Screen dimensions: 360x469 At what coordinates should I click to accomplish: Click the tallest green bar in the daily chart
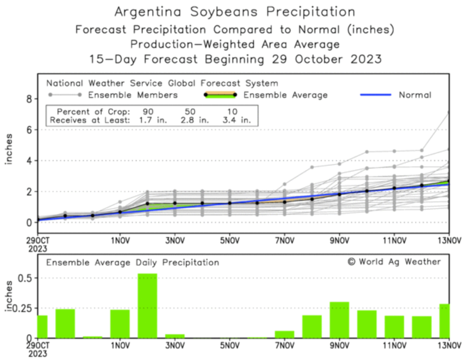click(147, 306)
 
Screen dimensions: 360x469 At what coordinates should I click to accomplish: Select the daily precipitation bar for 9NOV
click(339, 320)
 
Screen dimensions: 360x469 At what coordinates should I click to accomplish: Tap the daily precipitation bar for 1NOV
click(120, 324)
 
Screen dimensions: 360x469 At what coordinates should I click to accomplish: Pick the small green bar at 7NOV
click(285, 334)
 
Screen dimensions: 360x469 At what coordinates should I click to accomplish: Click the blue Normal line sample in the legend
click(375, 95)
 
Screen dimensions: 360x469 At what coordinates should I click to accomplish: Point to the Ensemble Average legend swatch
click(220, 95)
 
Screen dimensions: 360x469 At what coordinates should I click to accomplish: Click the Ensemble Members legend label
click(133, 95)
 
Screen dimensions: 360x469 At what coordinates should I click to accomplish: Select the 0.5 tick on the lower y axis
click(25, 278)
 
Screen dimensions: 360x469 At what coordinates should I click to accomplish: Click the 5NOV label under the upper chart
click(230, 241)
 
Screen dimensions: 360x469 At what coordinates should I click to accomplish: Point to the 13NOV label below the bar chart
click(449, 346)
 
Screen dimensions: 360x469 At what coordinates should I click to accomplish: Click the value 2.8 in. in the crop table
click(195, 120)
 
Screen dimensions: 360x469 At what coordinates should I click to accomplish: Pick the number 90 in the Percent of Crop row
click(148, 112)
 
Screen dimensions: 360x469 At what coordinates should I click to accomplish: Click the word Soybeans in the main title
click(224, 12)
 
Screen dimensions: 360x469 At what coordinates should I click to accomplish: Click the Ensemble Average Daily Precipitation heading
click(133, 263)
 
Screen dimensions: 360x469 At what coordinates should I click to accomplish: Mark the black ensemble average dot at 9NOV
click(339, 194)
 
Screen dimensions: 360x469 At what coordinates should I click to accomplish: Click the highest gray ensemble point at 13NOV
click(448, 112)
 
